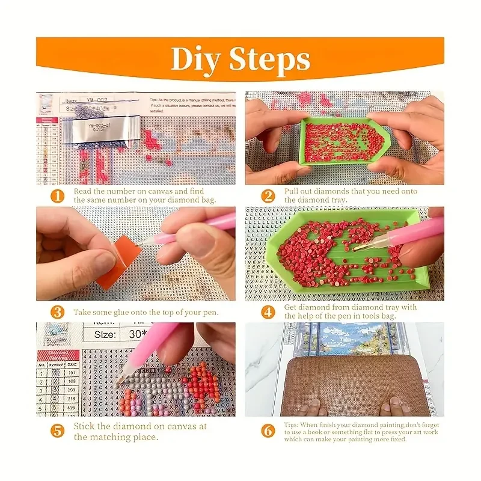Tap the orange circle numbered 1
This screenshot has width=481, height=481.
[57, 196]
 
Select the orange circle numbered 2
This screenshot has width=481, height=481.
[268, 196]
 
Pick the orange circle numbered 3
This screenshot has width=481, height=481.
[57, 312]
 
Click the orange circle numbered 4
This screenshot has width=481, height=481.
[268, 311]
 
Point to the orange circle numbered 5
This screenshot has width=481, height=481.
[57, 431]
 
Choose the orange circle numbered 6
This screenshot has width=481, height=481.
[268, 431]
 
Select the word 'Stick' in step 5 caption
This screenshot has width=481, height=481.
[85, 426]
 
